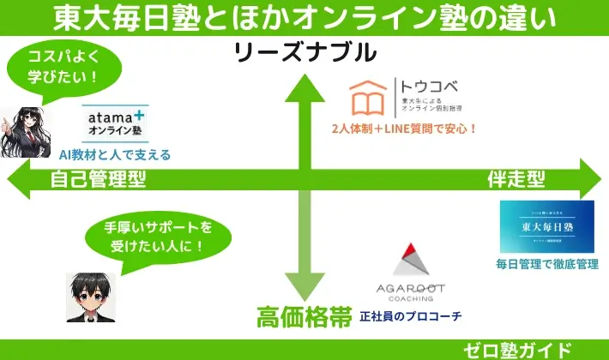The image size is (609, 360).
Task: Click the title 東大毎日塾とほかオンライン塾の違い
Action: pyautogui.click(x=304, y=17)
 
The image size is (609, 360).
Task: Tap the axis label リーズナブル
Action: pyautogui.click(x=305, y=53)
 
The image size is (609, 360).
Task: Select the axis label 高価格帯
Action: pyautogui.click(x=304, y=316)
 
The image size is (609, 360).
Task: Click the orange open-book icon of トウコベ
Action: pyautogui.click(x=370, y=98)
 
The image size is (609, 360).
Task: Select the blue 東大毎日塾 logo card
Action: pyautogui.click(x=546, y=226)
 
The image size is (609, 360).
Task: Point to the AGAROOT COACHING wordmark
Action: pyautogui.click(x=411, y=292)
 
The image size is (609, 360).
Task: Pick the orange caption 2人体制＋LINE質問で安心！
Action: pyautogui.click(x=404, y=129)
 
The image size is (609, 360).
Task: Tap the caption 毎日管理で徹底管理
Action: pyautogui.click(x=546, y=264)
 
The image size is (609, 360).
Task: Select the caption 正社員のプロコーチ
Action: pyautogui.click(x=410, y=316)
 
